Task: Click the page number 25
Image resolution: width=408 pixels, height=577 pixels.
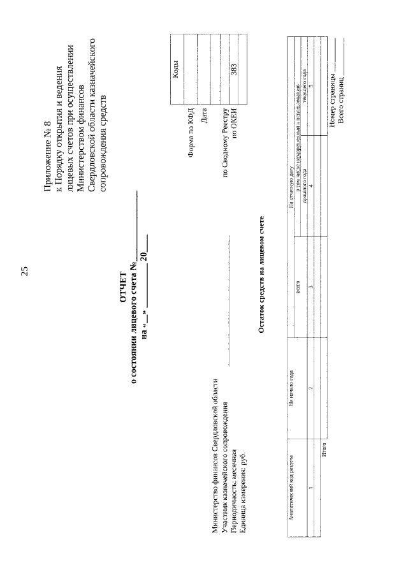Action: pos(24,272)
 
